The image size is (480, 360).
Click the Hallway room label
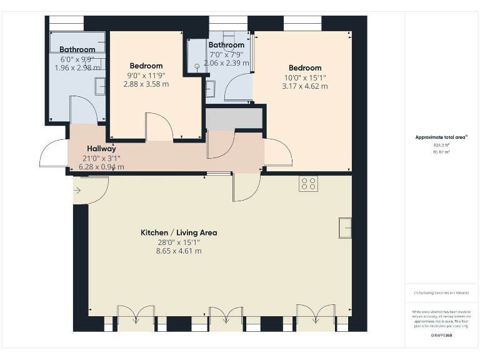101,149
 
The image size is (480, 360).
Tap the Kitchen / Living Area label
179,232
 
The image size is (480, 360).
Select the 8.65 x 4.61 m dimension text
179,251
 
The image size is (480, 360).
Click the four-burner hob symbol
308,184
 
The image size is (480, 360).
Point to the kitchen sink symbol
345,227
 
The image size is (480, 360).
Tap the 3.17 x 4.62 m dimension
305,86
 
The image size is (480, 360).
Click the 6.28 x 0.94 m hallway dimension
101,167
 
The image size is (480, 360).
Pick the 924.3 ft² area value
442,145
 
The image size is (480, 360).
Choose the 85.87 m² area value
442,151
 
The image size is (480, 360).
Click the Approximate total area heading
442,137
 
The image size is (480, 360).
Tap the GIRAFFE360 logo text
441,337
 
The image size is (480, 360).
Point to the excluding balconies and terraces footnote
441,293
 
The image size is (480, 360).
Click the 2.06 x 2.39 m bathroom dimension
226,63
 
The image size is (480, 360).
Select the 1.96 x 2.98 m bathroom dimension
77,67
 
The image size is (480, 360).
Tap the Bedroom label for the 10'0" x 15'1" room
305,68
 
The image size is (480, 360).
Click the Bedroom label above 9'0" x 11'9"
146,66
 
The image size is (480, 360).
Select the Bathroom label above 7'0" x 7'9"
226,45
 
